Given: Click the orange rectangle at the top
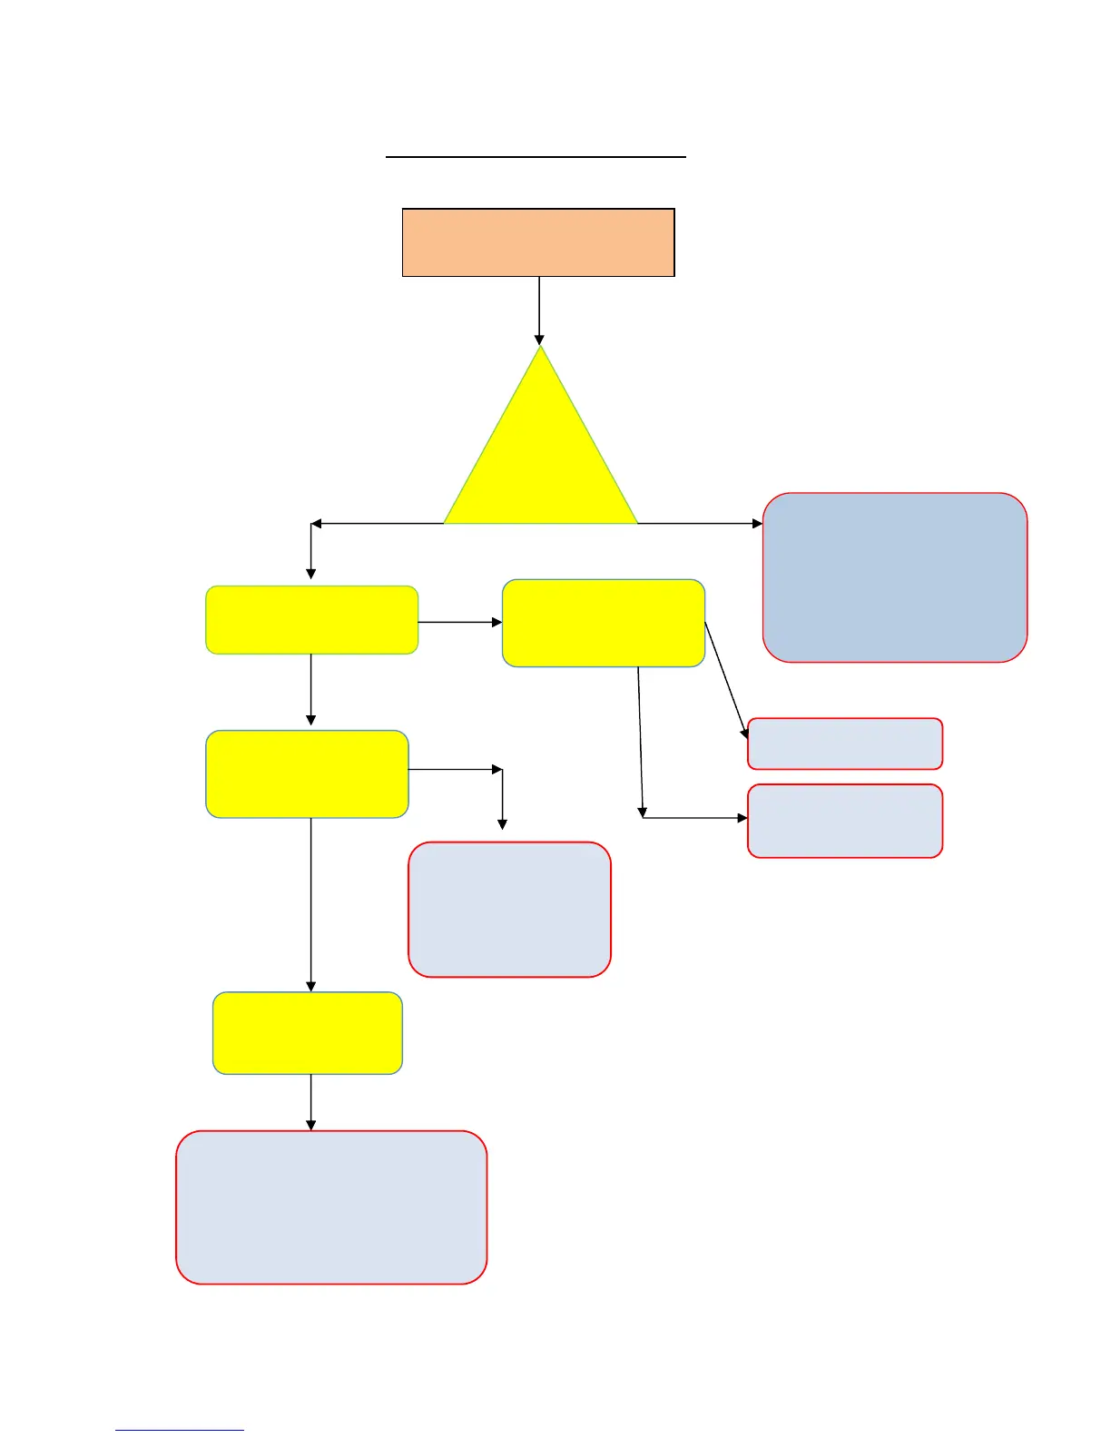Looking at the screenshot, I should (x=538, y=242).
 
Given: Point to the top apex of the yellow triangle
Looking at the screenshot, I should (x=541, y=348).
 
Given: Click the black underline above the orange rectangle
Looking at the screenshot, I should (x=536, y=157).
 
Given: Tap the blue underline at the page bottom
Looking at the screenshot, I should (x=179, y=1430).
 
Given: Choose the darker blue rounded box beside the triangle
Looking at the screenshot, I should (x=895, y=577).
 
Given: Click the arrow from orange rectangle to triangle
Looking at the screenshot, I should (x=539, y=309).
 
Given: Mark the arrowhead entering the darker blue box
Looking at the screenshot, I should (x=757, y=524).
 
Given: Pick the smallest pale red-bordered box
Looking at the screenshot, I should (x=845, y=744).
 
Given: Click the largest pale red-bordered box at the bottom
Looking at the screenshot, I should (x=331, y=1207).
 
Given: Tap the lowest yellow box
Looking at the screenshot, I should (x=308, y=1033).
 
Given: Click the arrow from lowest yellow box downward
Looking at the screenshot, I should (x=311, y=1102).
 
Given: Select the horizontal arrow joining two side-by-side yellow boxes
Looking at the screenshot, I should (x=459, y=622).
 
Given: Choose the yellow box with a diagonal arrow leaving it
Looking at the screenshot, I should (x=604, y=623).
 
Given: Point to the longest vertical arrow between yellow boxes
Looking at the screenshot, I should (x=311, y=903).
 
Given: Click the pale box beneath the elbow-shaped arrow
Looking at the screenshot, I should (x=509, y=909).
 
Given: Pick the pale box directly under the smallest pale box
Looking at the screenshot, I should (x=845, y=821).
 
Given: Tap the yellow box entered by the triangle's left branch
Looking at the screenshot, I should (x=311, y=620).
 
